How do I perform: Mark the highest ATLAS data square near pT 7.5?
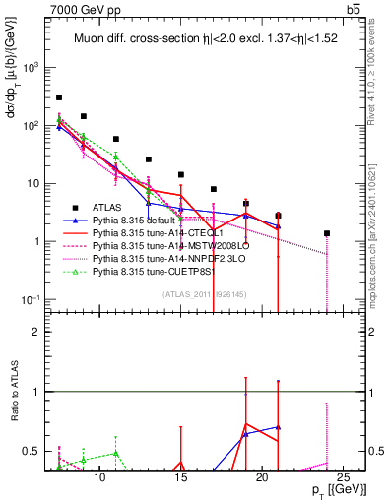[x=59, y=97]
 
